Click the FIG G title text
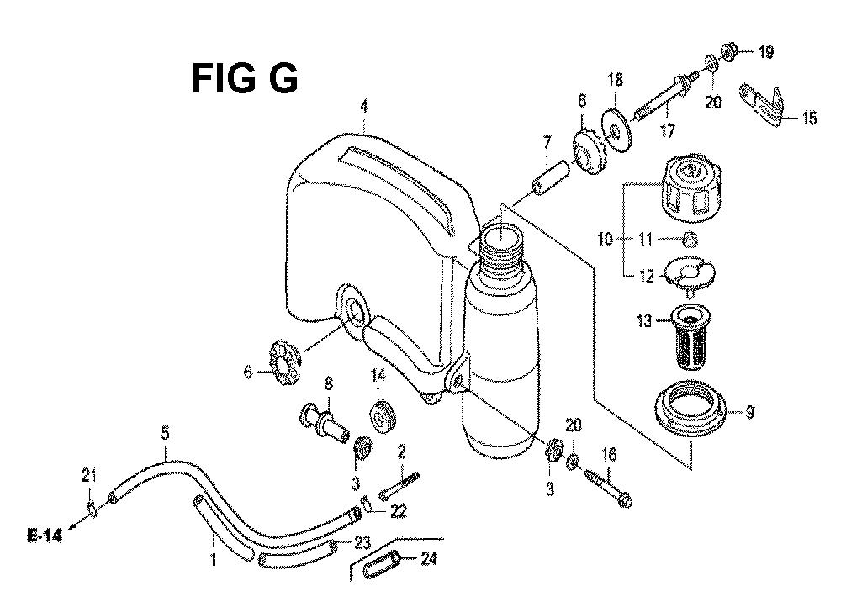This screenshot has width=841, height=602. (245, 79)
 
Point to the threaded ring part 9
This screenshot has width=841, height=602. (690, 409)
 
